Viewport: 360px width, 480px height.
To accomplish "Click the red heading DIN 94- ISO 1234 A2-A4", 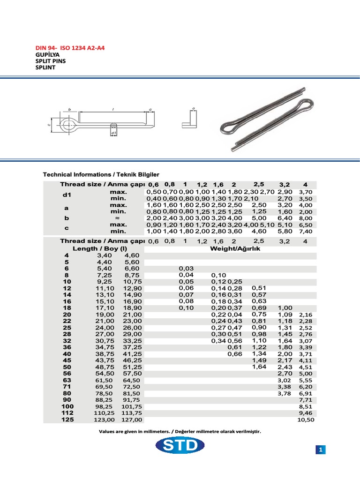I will (71, 48).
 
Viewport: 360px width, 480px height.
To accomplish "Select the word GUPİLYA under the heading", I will (46, 54).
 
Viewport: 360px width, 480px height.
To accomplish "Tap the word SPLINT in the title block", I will (45, 67).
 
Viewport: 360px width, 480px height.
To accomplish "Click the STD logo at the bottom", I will (181, 446).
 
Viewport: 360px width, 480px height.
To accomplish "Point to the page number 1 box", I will (321, 450).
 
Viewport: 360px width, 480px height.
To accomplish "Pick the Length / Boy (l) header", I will (100, 249).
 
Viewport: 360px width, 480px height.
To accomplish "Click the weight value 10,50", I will (306, 420).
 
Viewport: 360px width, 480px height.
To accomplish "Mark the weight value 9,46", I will (306, 413).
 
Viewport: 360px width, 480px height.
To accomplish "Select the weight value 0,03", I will (186, 268).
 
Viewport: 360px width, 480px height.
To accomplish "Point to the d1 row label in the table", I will (66, 195).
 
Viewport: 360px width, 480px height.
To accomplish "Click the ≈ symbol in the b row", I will (118, 218).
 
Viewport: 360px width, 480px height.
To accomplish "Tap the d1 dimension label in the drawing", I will (113, 134).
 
